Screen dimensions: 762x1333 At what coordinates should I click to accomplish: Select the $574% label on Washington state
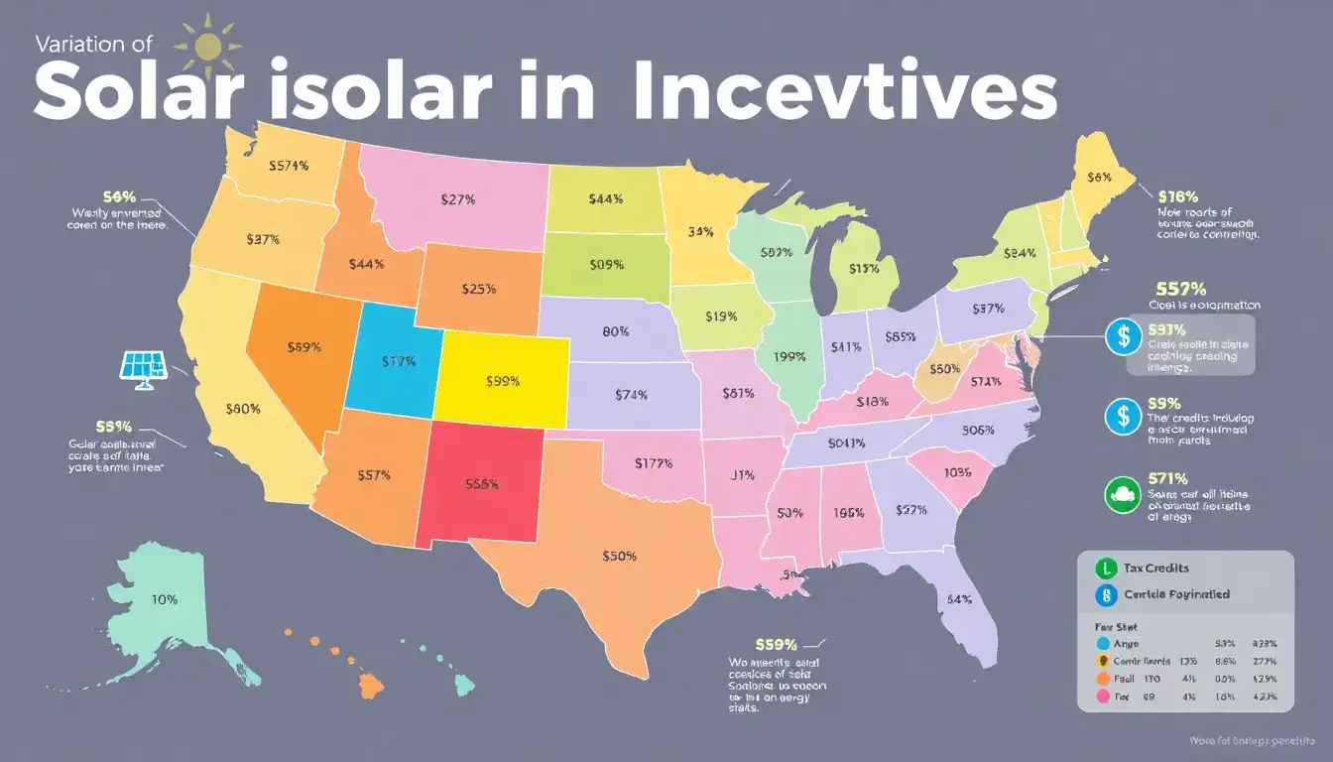pyautogui.click(x=289, y=166)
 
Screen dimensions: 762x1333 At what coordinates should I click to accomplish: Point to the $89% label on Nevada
pyautogui.click(x=303, y=347)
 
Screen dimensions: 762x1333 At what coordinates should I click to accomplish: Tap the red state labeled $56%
pyautogui.click(x=481, y=485)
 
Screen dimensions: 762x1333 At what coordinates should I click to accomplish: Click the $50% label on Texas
pyautogui.click(x=619, y=557)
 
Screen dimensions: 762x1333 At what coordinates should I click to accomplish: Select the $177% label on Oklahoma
pyautogui.click(x=653, y=463)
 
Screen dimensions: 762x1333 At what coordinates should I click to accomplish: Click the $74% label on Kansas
pyautogui.click(x=631, y=394)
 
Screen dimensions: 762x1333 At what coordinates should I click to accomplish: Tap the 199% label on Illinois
pyautogui.click(x=788, y=357)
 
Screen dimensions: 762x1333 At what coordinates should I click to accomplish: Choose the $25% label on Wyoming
pyautogui.click(x=479, y=290)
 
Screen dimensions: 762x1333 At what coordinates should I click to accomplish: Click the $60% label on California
pyautogui.click(x=243, y=408)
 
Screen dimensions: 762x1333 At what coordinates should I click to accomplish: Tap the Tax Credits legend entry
pyautogui.click(x=1156, y=569)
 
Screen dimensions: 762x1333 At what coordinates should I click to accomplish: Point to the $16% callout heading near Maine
pyautogui.click(x=1177, y=195)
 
